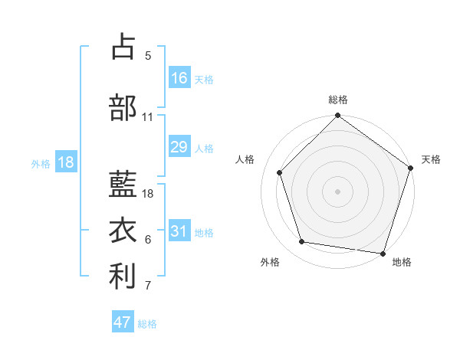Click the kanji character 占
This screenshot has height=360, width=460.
[x=123, y=47]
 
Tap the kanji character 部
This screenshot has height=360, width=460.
[x=123, y=107]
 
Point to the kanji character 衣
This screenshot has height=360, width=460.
[x=123, y=231]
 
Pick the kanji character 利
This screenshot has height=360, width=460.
[x=123, y=277]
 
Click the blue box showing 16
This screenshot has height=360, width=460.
[x=179, y=77]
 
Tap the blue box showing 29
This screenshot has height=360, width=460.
[x=179, y=147]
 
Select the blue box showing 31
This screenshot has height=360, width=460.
[x=179, y=231]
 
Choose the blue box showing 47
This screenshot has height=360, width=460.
[x=123, y=322]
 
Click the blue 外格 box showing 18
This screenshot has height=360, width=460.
[x=64, y=162]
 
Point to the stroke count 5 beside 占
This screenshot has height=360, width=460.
[x=148, y=56]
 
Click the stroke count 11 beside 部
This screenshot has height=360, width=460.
[x=148, y=117]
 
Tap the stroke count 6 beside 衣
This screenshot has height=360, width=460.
[x=148, y=240]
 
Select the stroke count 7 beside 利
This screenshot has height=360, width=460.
[x=148, y=286]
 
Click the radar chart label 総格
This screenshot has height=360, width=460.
[x=338, y=100]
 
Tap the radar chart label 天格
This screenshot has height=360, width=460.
[x=431, y=159]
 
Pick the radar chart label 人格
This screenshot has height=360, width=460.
[x=245, y=159]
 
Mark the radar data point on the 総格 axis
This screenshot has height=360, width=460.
[x=337, y=117]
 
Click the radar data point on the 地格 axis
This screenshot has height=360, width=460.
[x=383, y=252]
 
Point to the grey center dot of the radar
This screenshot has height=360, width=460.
[x=337, y=191]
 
